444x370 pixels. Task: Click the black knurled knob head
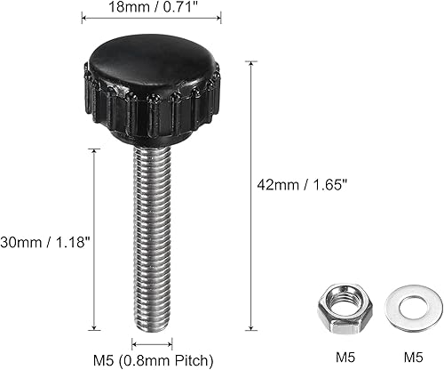152,89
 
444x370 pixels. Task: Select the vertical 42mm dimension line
251,196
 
